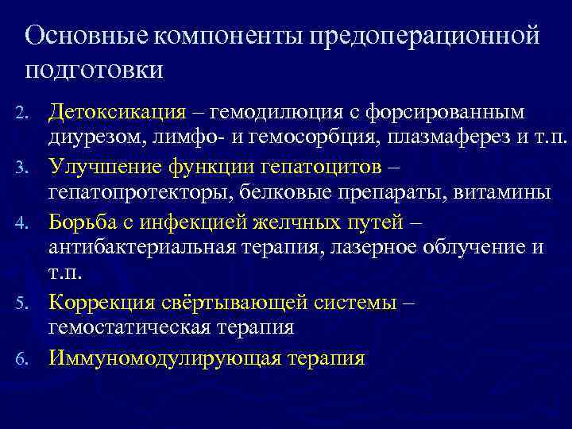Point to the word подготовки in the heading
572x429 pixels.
95,69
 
